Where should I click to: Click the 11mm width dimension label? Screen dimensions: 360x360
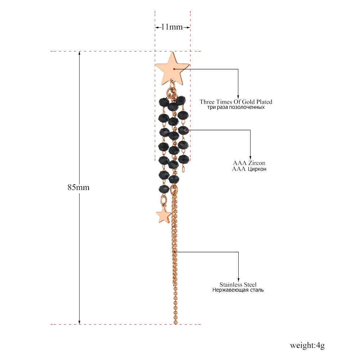[172, 27]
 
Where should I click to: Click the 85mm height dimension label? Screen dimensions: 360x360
[78, 187]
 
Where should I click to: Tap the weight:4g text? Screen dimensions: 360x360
[307, 345]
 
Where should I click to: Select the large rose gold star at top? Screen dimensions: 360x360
[172, 69]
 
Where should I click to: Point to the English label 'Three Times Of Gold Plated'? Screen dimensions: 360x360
[236, 102]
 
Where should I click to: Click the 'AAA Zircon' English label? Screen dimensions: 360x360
[249, 163]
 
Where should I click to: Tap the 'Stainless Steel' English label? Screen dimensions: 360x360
[238, 284]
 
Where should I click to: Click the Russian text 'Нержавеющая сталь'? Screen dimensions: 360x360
[238, 290]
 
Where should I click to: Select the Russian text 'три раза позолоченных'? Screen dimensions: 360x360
[236, 107]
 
